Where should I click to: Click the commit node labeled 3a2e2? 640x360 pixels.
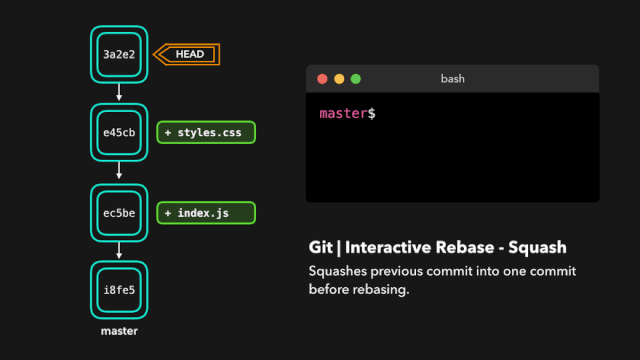pyautogui.click(x=119, y=54)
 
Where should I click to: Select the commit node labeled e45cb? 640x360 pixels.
pyautogui.click(x=119, y=132)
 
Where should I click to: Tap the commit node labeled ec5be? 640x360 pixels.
pyautogui.click(x=119, y=212)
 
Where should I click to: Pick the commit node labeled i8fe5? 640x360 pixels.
pyautogui.click(x=119, y=290)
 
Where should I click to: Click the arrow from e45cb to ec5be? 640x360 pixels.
pyautogui.click(x=119, y=172)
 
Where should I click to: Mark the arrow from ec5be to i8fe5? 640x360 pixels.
pyautogui.click(x=119, y=251)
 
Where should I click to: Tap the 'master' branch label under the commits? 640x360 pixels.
pyautogui.click(x=119, y=330)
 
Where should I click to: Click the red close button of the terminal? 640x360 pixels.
pyautogui.click(x=322, y=78)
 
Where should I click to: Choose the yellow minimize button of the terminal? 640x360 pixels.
pyautogui.click(x=339, y=78)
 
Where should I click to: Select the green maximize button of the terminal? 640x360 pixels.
pyautogui.click(x=356, y=78)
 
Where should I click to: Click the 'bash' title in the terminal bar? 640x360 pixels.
pyautogui.click(x=453, y=78)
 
